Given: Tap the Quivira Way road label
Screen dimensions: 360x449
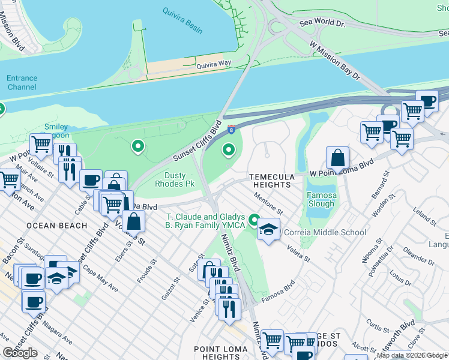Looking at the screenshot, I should pos(213,63).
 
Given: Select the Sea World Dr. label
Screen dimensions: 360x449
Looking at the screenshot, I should pos(324,24).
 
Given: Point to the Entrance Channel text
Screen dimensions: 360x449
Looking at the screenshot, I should pos(22,83).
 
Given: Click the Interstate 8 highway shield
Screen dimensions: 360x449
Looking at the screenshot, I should pos(231,128).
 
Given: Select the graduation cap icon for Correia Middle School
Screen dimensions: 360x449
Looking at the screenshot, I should pos(269,230).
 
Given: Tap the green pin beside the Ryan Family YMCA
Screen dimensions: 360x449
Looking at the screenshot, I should pos(255,220).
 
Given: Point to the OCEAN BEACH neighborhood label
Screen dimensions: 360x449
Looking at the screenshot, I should pos(57,226).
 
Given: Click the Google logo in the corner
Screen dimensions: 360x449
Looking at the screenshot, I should pos(20,353).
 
